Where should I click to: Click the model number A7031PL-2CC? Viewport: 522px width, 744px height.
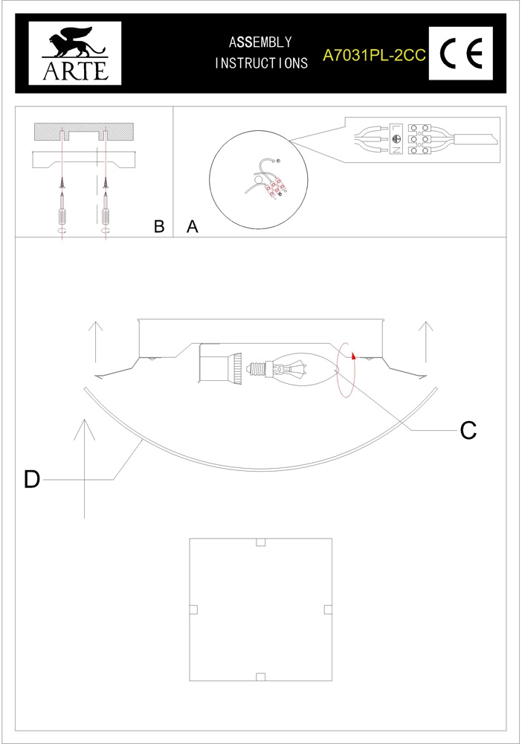tap(374, 54)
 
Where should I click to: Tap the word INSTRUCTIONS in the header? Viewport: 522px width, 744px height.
tap(261, 64)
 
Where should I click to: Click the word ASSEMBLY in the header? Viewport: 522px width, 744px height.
tap(260, 42)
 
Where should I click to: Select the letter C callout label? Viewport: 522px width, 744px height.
tap(468, 430)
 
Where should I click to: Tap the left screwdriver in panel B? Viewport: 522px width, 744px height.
tap(62, 213)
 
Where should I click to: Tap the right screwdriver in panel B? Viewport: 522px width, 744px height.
tap(106, 213)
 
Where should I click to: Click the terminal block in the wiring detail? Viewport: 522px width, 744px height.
tap(420, 139)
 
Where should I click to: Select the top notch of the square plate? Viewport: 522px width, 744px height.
tap(260, 542)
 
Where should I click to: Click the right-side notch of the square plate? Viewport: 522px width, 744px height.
tap(328, 609)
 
